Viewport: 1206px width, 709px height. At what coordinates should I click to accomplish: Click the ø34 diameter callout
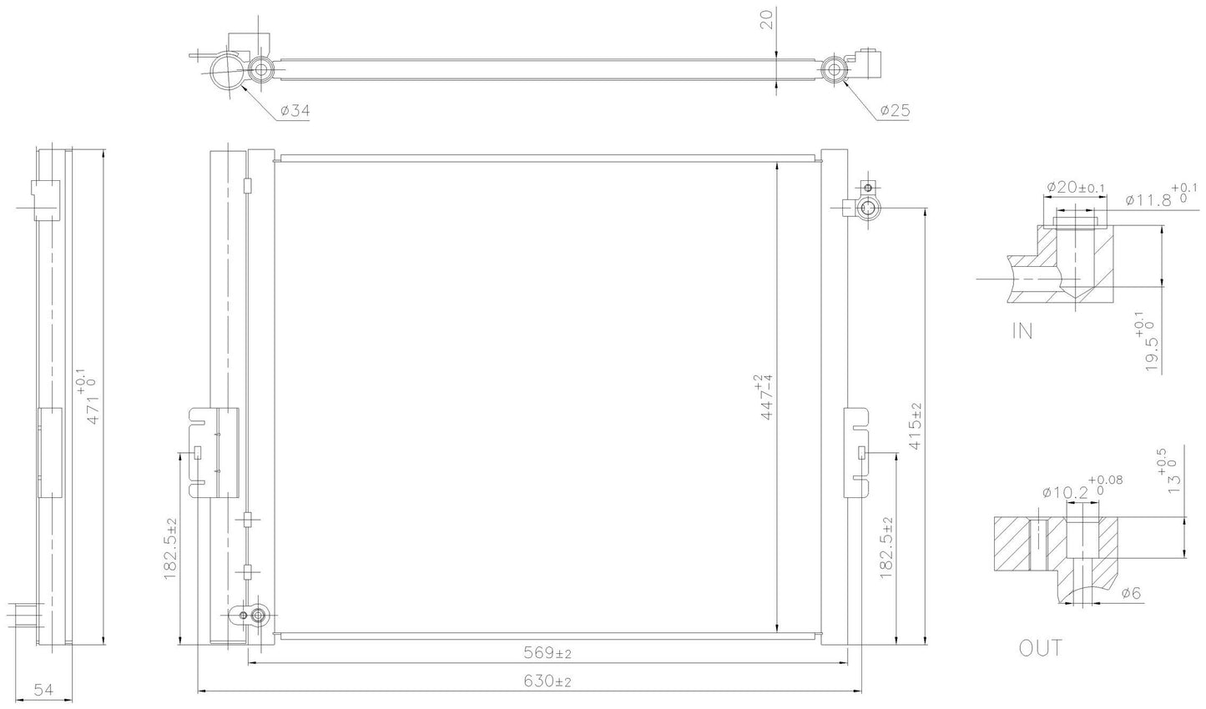point(295,111)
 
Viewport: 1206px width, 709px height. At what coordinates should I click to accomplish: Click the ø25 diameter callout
point(895,110)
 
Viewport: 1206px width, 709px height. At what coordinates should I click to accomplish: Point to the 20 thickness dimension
point(769,19)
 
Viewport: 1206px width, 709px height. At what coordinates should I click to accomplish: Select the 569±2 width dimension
point(547,653)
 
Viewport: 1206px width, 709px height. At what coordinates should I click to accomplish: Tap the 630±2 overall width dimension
point(547,681)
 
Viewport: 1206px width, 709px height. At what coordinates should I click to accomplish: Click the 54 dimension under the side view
point(43,690)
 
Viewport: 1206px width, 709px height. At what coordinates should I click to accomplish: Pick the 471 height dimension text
point(88,397)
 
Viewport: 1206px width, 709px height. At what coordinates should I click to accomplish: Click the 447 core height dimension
point(764,397)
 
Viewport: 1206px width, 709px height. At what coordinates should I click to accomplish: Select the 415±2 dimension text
point(915,426)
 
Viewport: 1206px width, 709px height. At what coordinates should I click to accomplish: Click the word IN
point(1022,331)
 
